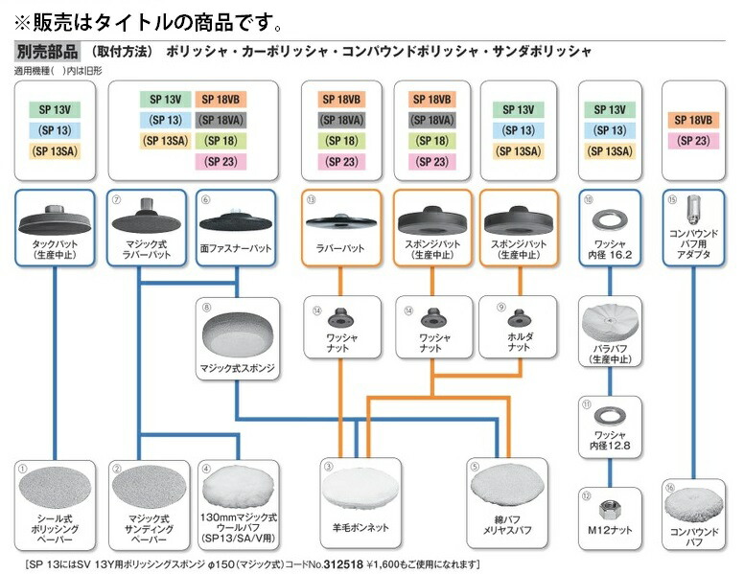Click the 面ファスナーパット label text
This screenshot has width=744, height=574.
pos(235,248)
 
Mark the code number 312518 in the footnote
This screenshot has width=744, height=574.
pos(344,563)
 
